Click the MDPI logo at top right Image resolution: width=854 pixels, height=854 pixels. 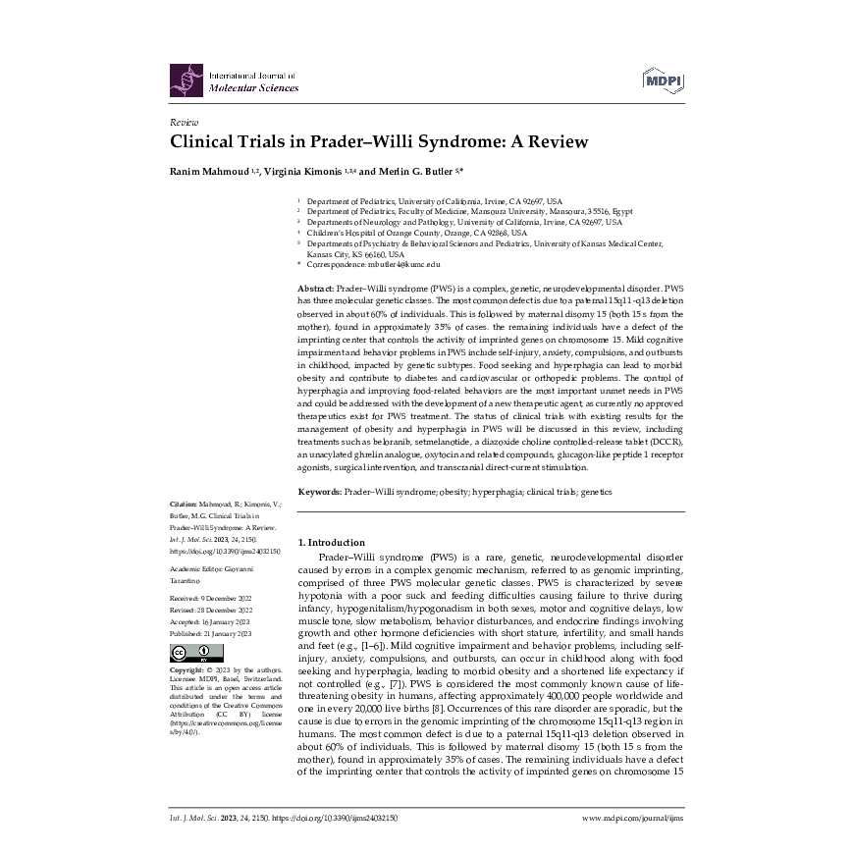(x=663, y=80)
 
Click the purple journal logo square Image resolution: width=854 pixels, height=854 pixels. (x=185, y=80)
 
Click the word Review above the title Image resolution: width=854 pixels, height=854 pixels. (x=184, y=122)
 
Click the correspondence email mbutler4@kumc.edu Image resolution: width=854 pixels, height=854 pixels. (x=402, y=265)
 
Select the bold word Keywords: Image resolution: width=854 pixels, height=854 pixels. (x=319, y=492)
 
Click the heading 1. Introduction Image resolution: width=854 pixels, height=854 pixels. (x=331, y=542)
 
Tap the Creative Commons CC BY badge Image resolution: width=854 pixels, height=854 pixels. (x=196, y=653)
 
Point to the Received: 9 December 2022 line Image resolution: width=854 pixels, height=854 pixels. (x=211, y=597)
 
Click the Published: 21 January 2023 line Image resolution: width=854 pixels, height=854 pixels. (x=211, y=634)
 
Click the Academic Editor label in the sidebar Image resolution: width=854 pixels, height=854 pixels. (x=195, y=568)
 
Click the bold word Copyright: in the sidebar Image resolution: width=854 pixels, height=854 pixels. (x=187, y=669)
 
